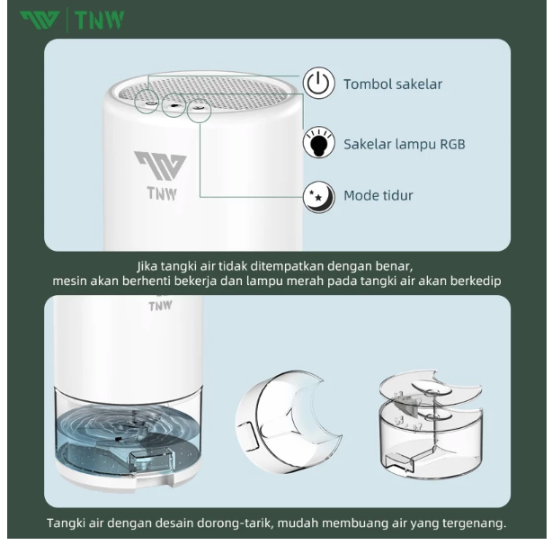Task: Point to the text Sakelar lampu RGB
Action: [404, 144]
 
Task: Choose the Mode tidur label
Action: [378, 195]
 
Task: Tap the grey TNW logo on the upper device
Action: [160, 174]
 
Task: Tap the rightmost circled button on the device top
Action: [199, 112]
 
